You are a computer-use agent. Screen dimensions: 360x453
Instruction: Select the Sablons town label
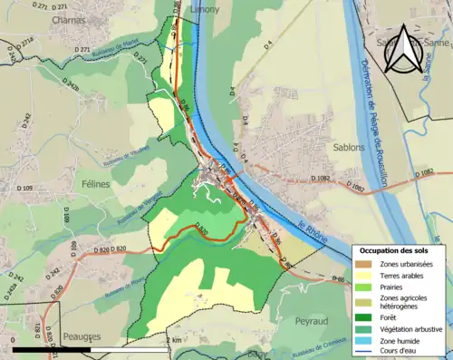(321, 130)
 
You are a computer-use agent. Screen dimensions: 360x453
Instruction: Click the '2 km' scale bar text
(174, 338)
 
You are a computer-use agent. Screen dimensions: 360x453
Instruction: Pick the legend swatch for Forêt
(365, 316)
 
